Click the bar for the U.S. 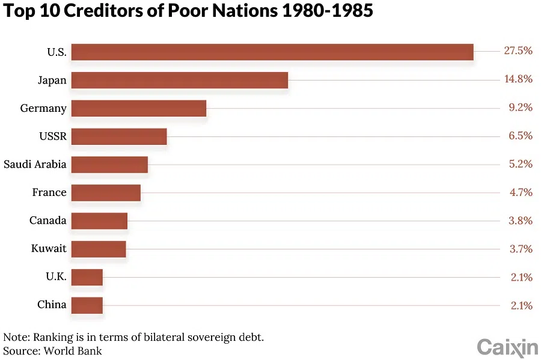[x=272, y=52]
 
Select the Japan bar [x=179, y=81]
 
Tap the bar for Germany [x=138, y=108]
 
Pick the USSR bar [x=118, y=136]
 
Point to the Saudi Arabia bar [x=109, y=165]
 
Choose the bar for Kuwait [x=98, y=249]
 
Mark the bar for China [x=87, y=305]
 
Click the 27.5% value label [x=518, y=51]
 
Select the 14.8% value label [x=518, y=79]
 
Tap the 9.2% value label [x=520, y=108]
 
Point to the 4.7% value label [x=520, y=192]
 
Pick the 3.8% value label [x=520, y=221]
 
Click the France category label [x=49, y=192]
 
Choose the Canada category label [x=48, y=221]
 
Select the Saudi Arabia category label [x=35, y=164]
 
